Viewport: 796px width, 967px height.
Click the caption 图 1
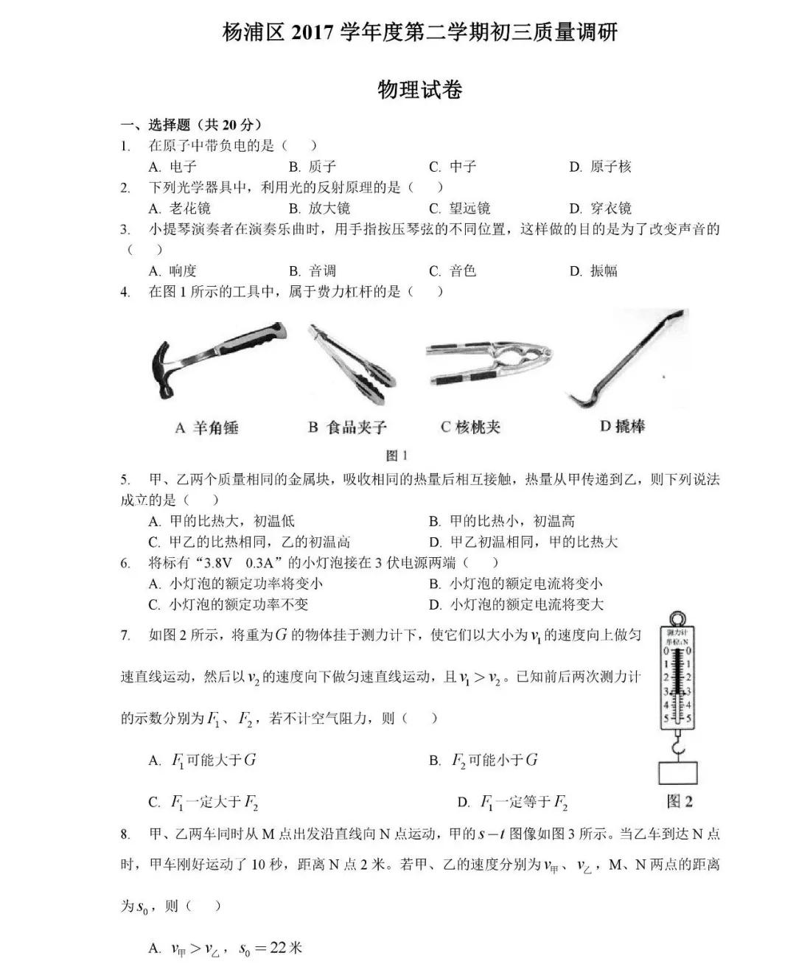coord(397,455)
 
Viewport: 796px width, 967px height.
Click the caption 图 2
coord(679,801)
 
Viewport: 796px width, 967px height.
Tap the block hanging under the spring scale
coord(677,772)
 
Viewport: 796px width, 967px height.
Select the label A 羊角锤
coord(206,427)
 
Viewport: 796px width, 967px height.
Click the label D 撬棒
coord(622,426)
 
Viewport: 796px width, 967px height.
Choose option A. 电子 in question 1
coord(172,167)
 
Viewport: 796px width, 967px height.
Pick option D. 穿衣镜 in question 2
coord(600,209)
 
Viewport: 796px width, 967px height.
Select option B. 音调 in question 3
coord(313,271)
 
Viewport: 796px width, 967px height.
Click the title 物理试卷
coord(419,90)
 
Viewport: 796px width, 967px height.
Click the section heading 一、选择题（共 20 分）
coord(192,125)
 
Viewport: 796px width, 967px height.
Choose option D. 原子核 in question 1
coord(600,167)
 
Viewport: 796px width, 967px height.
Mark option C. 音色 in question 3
coord(453,271)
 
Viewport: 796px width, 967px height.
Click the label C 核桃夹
coord(470,427)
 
